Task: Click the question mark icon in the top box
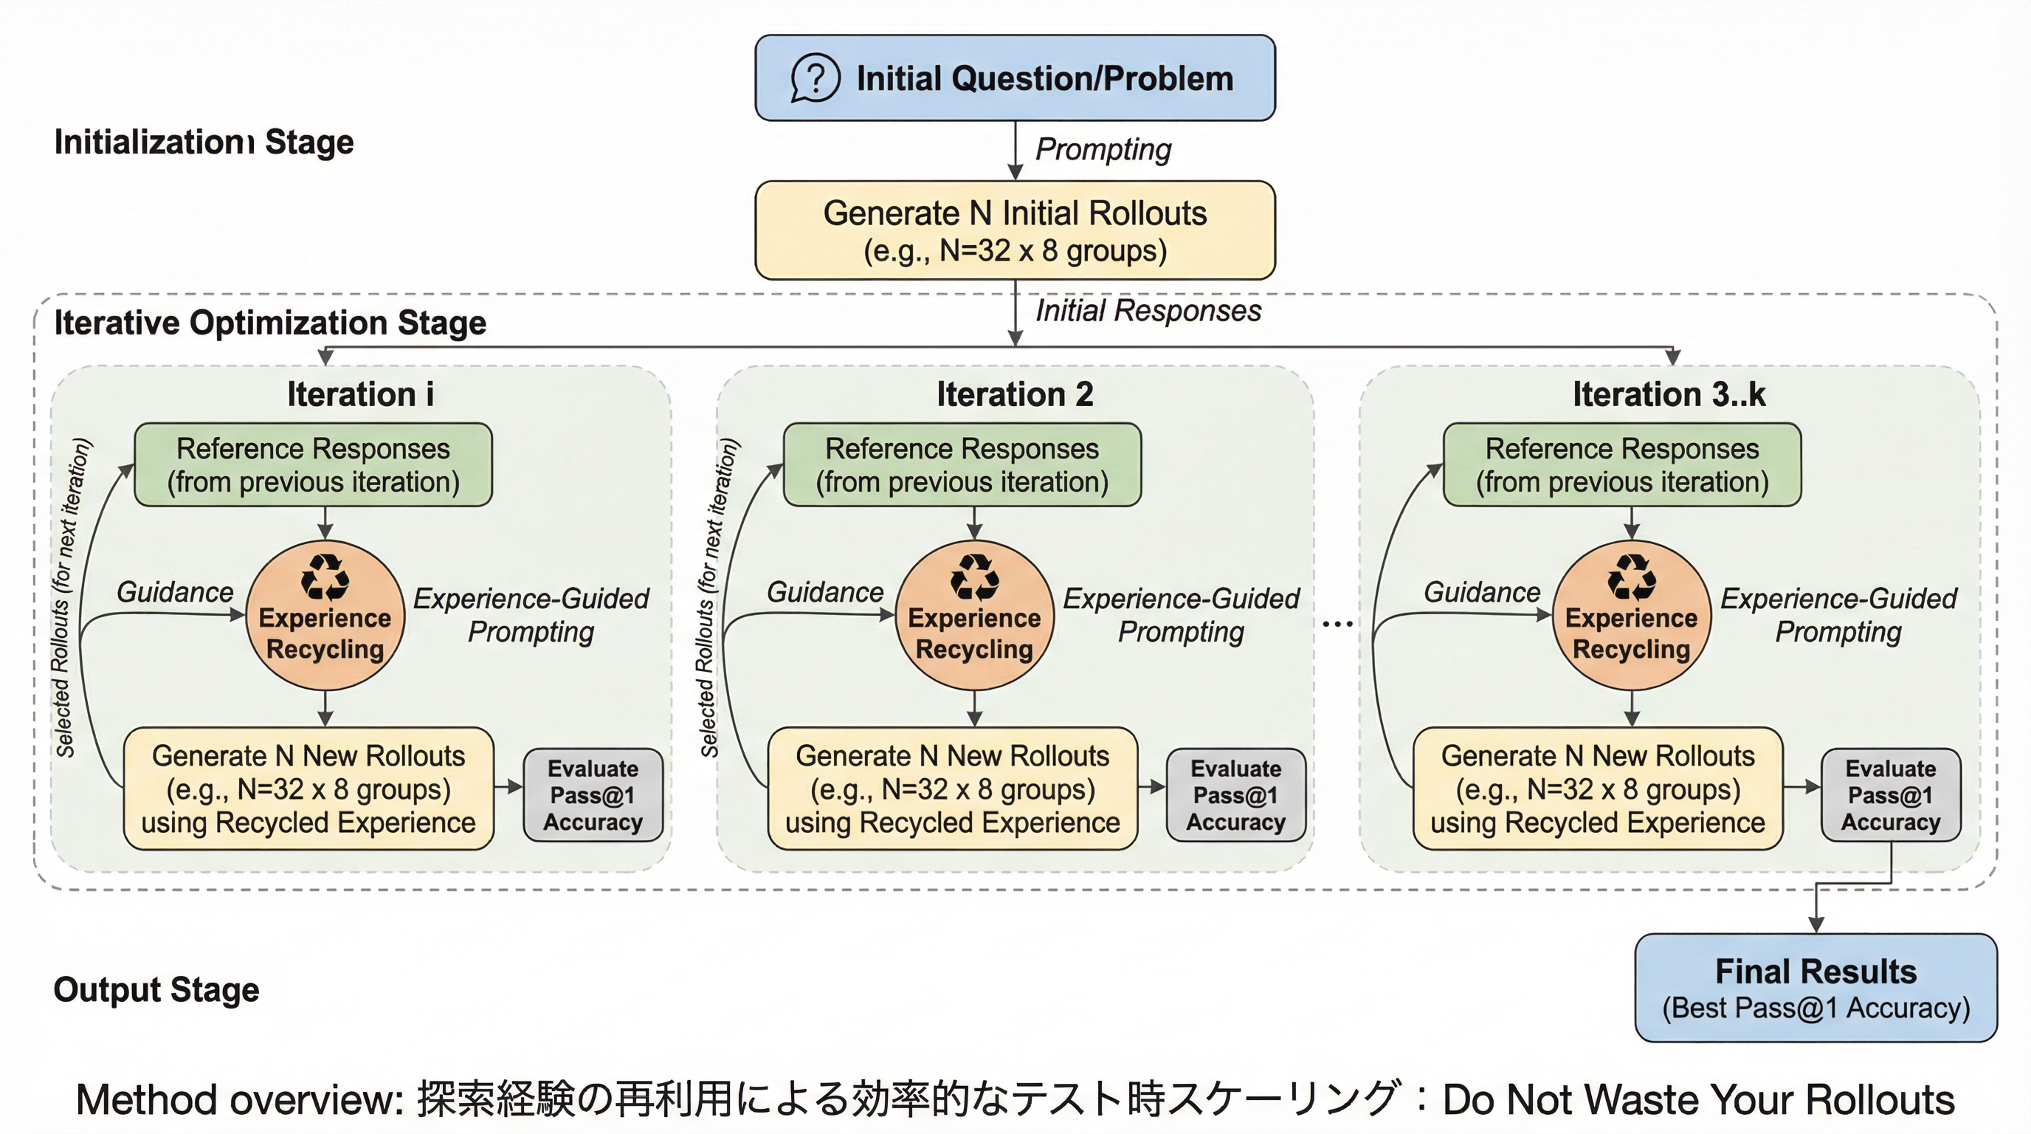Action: [815, 78]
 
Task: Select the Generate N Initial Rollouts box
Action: [1015, 230]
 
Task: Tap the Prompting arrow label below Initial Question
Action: [1103, 149]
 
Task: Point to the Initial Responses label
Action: [1148, 311]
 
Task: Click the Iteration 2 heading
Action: [1015, 394]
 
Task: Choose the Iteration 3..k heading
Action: [1669, 394]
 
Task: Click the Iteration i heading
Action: [360, 394]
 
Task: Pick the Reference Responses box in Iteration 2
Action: [962, 464]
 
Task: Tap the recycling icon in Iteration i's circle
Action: [325, 577]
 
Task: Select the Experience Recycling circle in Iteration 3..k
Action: [1631, 616]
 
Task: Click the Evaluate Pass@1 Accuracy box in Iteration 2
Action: [1235, 795]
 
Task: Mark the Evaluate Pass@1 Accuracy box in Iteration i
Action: [593, 795]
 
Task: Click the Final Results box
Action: [1816, 987]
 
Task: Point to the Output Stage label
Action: [156, 990]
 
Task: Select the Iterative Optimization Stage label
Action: [269, 323]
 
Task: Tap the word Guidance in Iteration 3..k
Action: [1481, 592]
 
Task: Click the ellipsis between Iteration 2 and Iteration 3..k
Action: [1337, 624]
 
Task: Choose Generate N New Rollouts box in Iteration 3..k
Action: [1597, 788]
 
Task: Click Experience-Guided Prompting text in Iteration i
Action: [531, 615]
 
